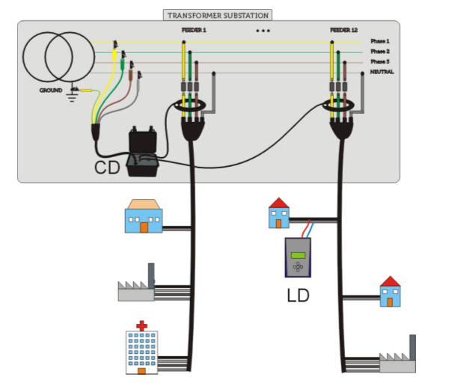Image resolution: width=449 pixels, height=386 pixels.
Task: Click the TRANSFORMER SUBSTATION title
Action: tap(217, 15)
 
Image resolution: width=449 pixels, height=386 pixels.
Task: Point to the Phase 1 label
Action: tap(380, 41)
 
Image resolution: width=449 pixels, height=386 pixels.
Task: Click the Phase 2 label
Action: tap(380, 51)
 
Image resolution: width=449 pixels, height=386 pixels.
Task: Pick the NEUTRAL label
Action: tap(382, 71)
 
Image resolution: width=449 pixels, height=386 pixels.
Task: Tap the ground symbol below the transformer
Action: tap(74, 95)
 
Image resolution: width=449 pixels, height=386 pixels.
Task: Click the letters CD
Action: tap(108, 168)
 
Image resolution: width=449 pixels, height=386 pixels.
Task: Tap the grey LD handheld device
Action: tap(298, 258)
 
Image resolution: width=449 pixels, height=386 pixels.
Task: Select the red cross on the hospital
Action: tap(142, 325)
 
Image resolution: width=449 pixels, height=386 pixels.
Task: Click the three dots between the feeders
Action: tap(263, 31)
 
